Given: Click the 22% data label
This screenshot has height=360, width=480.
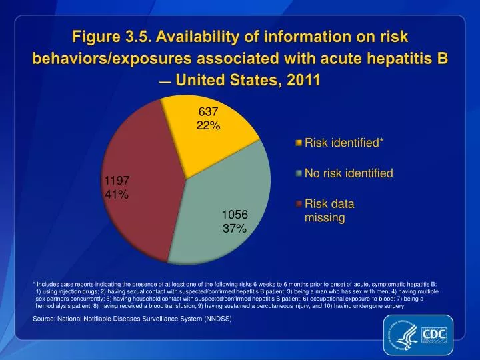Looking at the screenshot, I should click(208, 126).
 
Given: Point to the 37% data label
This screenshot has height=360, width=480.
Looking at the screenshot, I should click(235, 229).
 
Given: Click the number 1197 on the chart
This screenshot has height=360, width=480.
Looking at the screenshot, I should click(117, 181).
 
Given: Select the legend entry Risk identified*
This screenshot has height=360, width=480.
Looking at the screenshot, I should click(344, 143).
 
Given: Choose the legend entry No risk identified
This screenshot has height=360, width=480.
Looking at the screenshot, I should click(349, 173).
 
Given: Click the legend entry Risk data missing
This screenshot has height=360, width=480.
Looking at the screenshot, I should click(329, 211).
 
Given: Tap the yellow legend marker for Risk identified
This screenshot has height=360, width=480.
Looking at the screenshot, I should click(299, 143).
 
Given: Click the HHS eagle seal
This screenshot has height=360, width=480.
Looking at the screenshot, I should click(403, 334).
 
